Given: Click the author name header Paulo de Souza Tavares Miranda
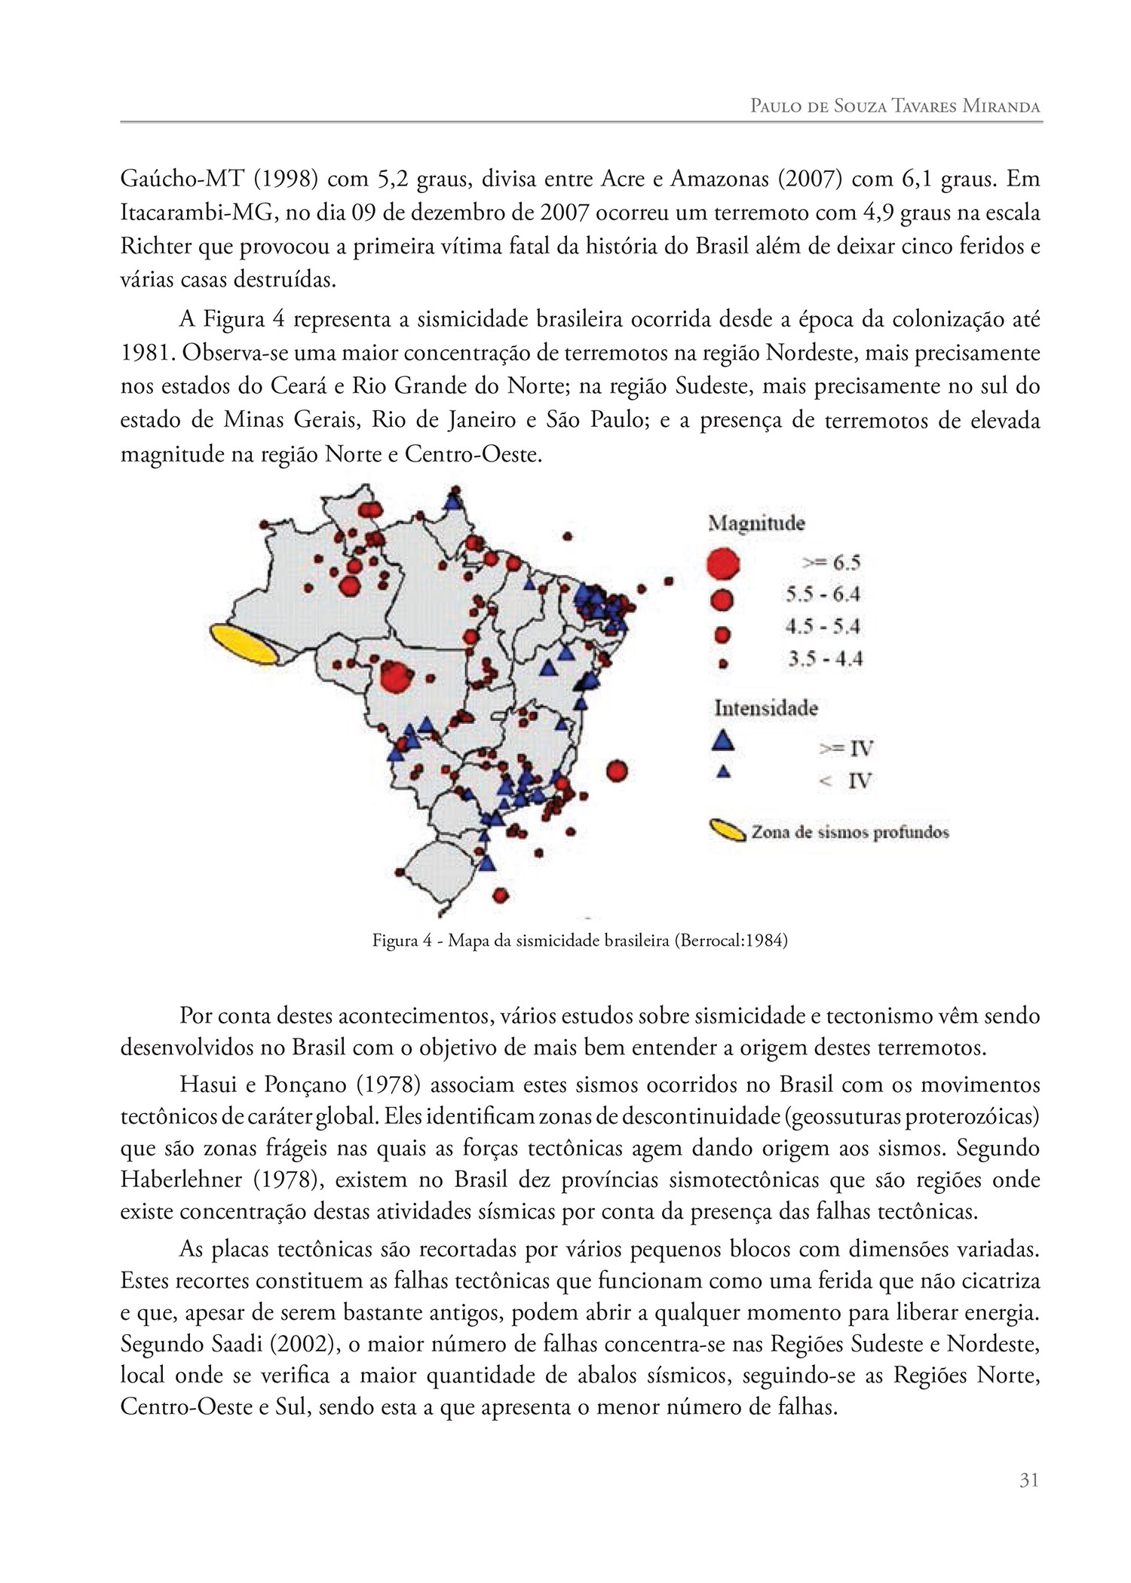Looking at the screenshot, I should [895, 106].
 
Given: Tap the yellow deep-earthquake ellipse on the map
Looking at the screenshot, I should [242, 646].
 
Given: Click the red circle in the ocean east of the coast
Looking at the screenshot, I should [617, 771].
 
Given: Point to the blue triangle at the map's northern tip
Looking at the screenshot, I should [453, 499].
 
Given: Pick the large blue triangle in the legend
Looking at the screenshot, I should [723, 740].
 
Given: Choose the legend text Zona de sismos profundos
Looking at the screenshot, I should [849, 833].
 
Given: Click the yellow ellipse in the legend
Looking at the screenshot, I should [726, 831].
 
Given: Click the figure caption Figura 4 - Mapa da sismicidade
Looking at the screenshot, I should [580, 940].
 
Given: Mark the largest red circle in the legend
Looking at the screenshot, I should [722, 563].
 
